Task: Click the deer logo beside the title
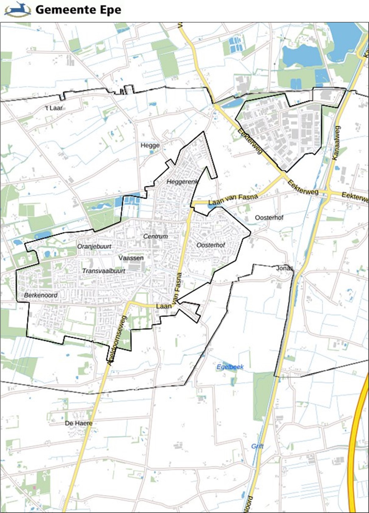tap(17, 9)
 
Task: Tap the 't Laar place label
tap(54, 108)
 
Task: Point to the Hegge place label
tap(150, 145)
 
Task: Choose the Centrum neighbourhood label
tap(155, 237)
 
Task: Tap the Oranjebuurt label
tap(94, 247)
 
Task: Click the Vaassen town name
tap(131, 258)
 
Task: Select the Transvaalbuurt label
tap(104, 271)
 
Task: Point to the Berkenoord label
tap(41, 295)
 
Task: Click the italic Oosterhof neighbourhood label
tap(211, 245)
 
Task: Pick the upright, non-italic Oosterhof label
tap(269, 217)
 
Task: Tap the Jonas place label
tap(284, 268)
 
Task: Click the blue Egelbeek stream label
tap(230, 367)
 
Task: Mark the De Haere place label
tap(79, 423)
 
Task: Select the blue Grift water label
tap(258, 446)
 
